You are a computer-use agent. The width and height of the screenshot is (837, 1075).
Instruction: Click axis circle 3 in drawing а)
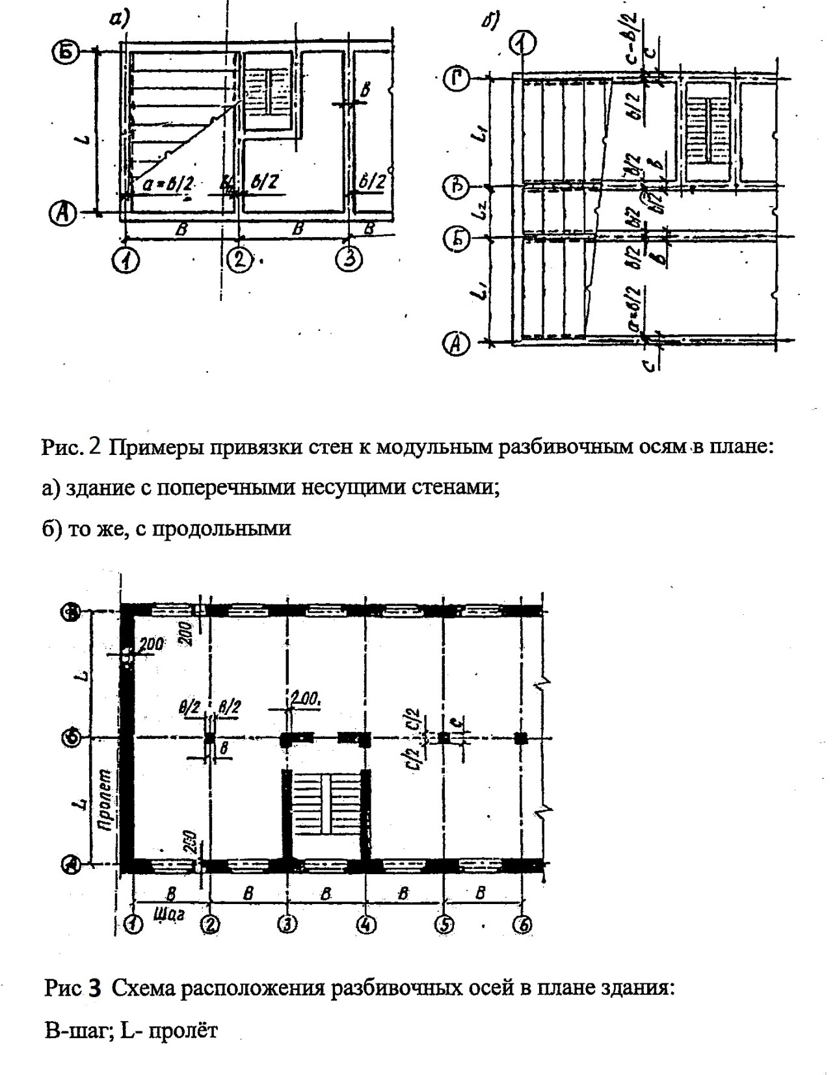[349, 260]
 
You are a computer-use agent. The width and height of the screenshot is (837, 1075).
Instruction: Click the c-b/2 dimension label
[631, 40]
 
